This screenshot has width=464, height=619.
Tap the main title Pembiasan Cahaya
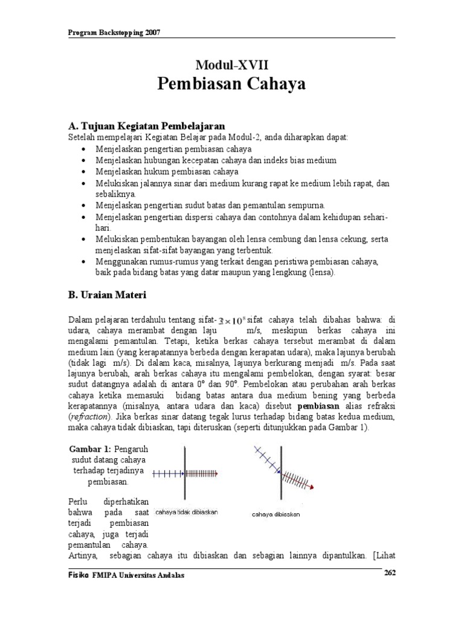click(231, 84)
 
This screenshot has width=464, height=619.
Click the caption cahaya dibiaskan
click(275, 514)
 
